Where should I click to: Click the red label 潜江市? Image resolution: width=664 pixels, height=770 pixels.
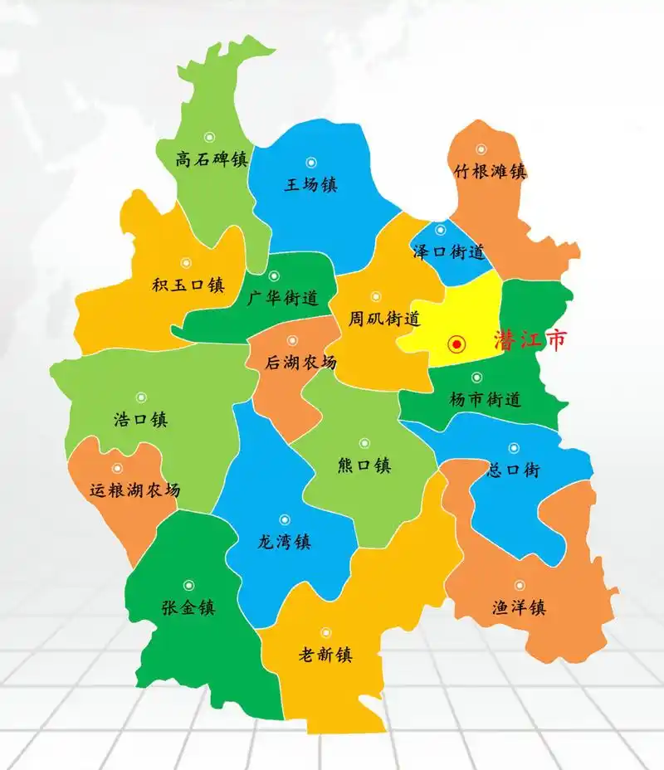[x=530, y=341]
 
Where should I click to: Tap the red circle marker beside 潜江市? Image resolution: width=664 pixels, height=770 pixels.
[x=455, y=344]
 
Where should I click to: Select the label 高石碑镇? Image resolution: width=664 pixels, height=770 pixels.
[x=212, y=158]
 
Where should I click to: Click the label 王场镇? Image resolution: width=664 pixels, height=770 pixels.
[x=310, y=184]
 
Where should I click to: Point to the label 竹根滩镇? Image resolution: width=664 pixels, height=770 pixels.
[x=491, y=172]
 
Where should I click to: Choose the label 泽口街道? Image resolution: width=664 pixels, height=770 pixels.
[x=448, y=252]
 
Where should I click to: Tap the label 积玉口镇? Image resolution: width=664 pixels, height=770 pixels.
[x=188, y=285]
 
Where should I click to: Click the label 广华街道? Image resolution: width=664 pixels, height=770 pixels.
[x=283, y=299]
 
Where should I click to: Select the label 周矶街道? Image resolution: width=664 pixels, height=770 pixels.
[x=383, y=318]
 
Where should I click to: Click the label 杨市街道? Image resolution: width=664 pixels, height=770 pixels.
[x=486, y=399]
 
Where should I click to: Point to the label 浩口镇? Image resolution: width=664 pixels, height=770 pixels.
[x=140, y=419]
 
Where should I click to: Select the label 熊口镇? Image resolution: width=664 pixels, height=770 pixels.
[x=364, y=465]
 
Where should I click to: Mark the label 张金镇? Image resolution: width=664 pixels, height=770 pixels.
[x=188, y=607]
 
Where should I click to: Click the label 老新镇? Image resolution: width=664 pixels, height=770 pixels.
[x=325, y=655]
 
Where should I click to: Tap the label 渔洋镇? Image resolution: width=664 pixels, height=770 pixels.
[x=519, y=607]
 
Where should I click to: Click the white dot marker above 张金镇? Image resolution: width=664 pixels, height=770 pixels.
[x=188, y=585]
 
